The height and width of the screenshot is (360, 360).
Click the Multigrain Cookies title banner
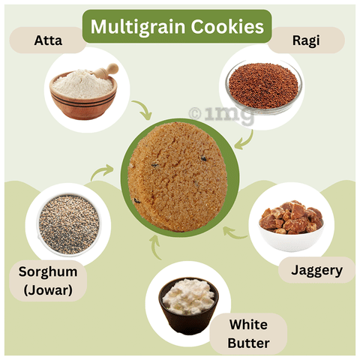[x=177, y=26]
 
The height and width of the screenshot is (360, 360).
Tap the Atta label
[x=48, y=40]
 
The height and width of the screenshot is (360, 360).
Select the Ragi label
[x=306, y=40]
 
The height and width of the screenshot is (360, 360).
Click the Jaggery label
[x=316, y=270]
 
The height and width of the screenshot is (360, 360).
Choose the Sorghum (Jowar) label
[x=48, y=280]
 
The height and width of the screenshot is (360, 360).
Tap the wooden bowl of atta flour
[x=83, y=93]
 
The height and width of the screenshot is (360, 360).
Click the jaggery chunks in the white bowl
[x=292, y=217]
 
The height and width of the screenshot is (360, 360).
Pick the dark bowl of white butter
[x=188, y=305]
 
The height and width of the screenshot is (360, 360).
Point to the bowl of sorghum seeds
[x=69, y=224]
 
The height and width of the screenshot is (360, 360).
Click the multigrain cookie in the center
[x=178, y=176]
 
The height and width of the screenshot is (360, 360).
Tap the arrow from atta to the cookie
[x=143, y=109]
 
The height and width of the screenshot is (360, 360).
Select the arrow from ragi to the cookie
[x=246, y=142]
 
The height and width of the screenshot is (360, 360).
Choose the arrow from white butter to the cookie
[x=155, y=247]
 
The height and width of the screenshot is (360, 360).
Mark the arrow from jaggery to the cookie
[x=233, y=233]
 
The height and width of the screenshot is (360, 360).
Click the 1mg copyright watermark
[x=221, y=114]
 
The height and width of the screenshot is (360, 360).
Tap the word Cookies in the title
[x=227, y=26]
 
